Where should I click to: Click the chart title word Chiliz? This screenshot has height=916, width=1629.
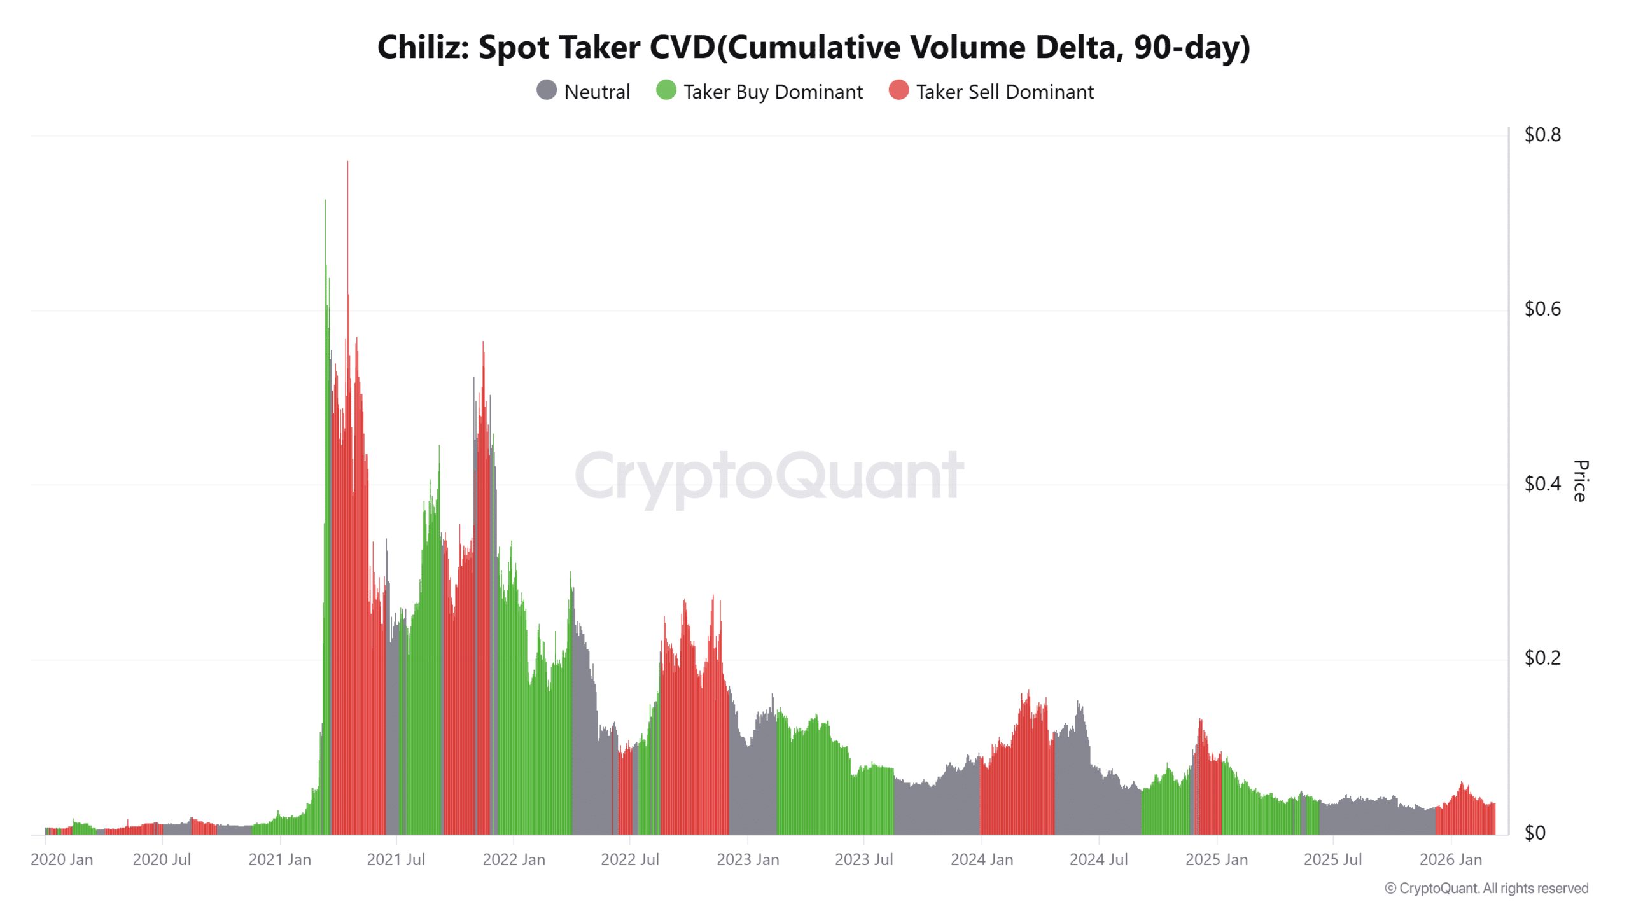(x=423, y=48)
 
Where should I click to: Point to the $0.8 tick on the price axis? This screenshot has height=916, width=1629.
(x=1542, y=135)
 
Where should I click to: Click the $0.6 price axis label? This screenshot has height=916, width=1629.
(x=1542, y=309)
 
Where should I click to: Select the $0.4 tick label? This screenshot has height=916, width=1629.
(x=1542, y=484)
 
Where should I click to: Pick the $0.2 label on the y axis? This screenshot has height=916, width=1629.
(x=1542, y=658)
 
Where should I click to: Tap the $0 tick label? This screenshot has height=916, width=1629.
(x=1534, y=833)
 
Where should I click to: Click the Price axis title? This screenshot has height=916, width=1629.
(x=1580, y=481)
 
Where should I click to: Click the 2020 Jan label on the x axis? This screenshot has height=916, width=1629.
(x=62, y=860)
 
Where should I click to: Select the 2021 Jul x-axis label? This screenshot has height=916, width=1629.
(x=396, y=860)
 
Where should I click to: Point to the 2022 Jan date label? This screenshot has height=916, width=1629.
(x=514, y=860)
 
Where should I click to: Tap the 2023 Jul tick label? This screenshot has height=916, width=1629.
(x=863, y=860)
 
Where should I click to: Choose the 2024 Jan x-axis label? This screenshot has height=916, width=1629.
(x=981, y=860)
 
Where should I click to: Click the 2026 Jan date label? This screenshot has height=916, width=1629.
(x=1450, y=860)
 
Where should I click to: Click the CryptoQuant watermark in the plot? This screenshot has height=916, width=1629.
(x=769, y=476)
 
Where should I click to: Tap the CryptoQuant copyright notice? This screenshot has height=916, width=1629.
(x=1486, y=889)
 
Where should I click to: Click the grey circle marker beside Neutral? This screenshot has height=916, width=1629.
(x=547, y=90)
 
